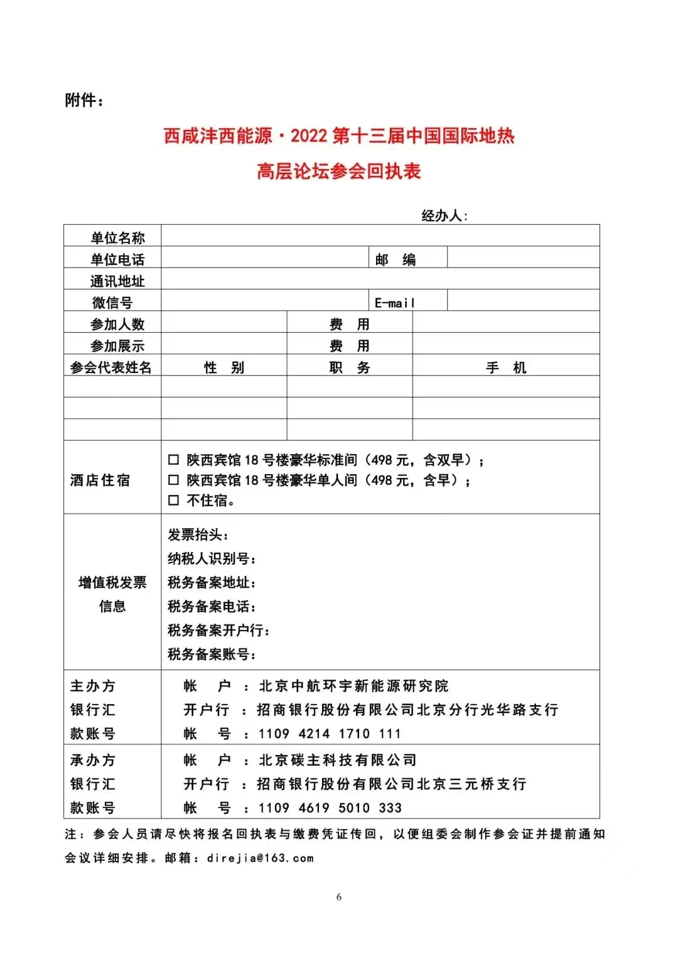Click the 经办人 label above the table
pos(444,216)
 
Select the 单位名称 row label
pos(117,238)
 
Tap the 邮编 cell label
pos(395,259)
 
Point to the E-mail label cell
pos(395,303)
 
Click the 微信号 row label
pos(112,303)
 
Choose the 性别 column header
pos(224,367)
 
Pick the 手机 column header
pos(506,367)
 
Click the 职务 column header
pos(350,367)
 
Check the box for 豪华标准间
pos(174,460)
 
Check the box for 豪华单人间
pos(174,480)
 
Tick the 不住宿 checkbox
pos(174,500)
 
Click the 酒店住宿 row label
pos(100,480)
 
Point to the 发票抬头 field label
pos(198,535)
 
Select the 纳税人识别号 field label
pos(212,559)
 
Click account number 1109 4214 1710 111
pos(330,734)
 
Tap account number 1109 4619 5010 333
pos(330,808)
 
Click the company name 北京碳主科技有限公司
pos(338,760)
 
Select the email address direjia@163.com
pos(260,858)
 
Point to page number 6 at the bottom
pos(339,897)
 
